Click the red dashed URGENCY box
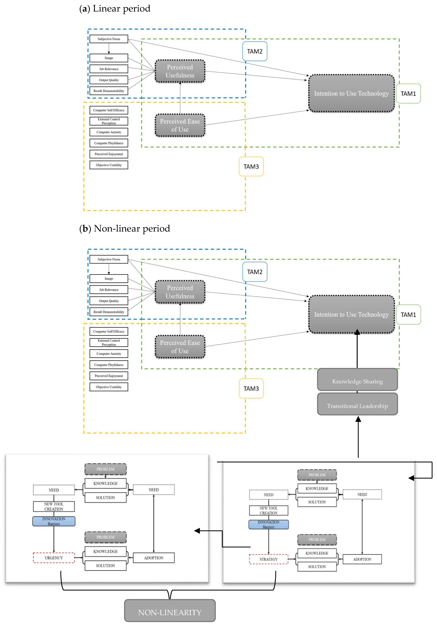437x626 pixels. pyautogui.click(x=54, y=558)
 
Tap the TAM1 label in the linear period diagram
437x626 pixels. pyautogui.click(x=408, y=94)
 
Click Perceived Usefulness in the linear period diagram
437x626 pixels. pyautogui.click(x=180, y=71)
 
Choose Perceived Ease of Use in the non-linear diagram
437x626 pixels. pyautogui.click(x=180, y=347)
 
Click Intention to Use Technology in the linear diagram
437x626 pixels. pyautogui.click(x=351, y=93)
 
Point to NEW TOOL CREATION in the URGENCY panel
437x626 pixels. pyautogui.click(x=54, y=506)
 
